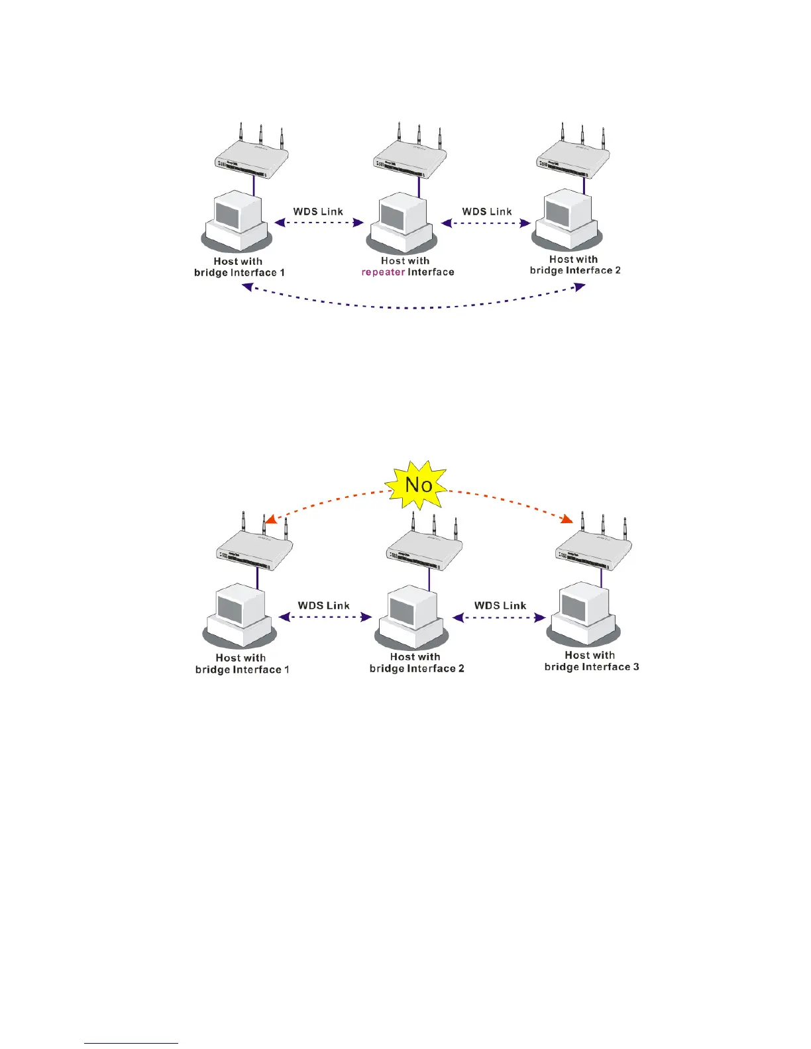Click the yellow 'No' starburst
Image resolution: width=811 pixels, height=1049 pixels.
tap(418, 485)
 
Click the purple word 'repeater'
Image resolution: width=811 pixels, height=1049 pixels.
tap(383, 272)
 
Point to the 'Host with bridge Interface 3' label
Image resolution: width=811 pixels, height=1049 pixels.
tap(591, 661)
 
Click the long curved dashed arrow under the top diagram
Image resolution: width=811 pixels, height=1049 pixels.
tap(414, 306)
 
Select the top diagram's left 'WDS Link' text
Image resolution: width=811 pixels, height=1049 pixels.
tap(318, 212)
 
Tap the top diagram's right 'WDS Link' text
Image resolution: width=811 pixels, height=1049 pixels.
tap(487, 212)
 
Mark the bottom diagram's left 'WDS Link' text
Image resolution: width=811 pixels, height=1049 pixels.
tap(323, 605)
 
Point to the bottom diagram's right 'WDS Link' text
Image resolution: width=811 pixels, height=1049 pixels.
tap(500, 605)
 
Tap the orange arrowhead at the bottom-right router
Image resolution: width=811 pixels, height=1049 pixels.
tap(567, 520)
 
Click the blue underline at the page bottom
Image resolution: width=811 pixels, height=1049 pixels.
tap(131, 1043)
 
